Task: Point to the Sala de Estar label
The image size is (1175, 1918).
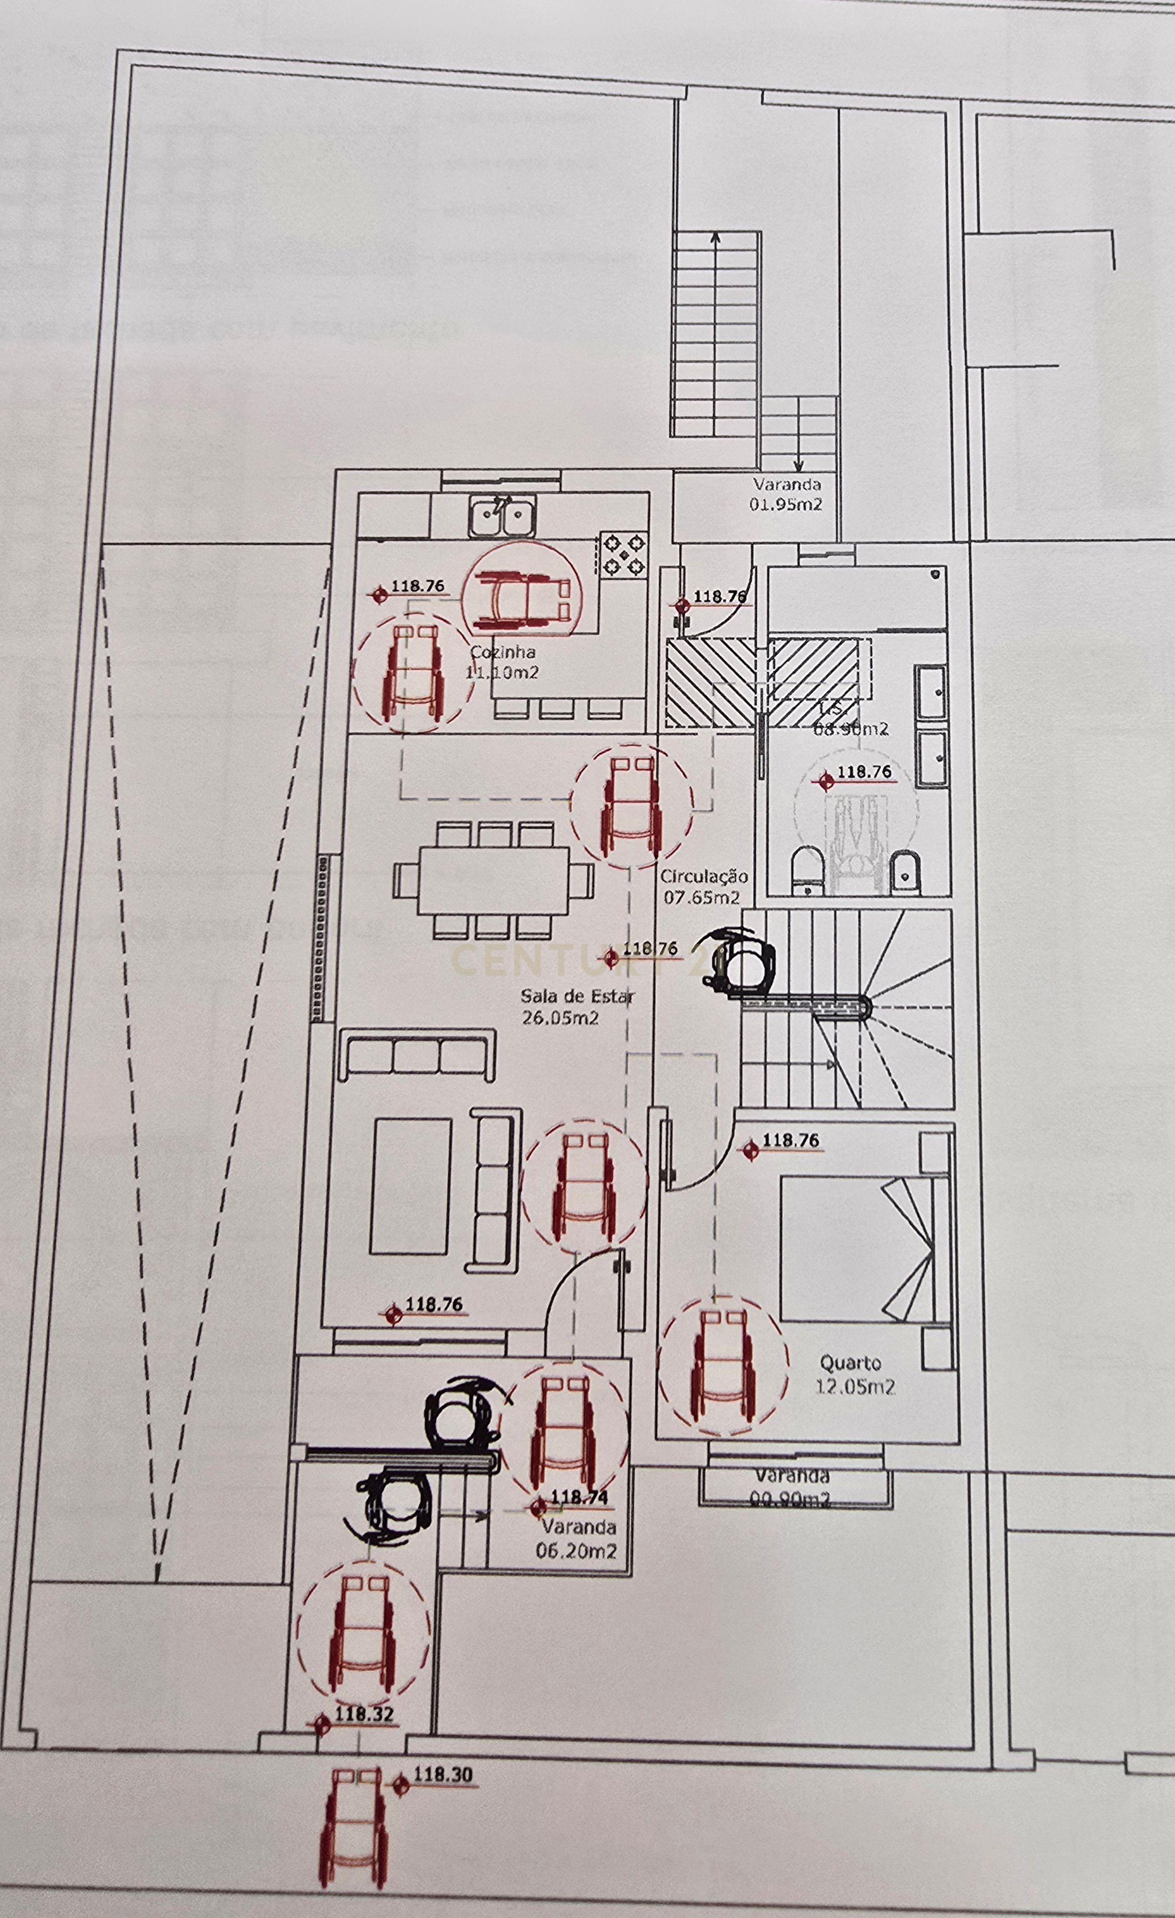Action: (x=577, y=995)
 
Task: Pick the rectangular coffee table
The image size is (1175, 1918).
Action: (x=411, y=1187)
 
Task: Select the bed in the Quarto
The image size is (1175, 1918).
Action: (x=856, y=1248)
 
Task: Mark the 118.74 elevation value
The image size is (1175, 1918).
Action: (x=579, y=1497)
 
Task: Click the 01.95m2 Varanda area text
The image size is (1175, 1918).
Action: (x=786, y=504)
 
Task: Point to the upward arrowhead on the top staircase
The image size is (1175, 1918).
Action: (x=716, y=237)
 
